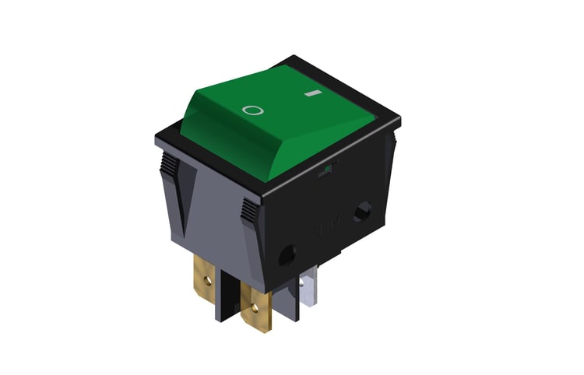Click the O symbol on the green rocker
[x=253, y=110]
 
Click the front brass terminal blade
[x=257, y=307]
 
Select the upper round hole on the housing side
[x=362, y=212]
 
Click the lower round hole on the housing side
[x=287, y=254]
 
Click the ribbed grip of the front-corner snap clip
[x=248, y=209]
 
